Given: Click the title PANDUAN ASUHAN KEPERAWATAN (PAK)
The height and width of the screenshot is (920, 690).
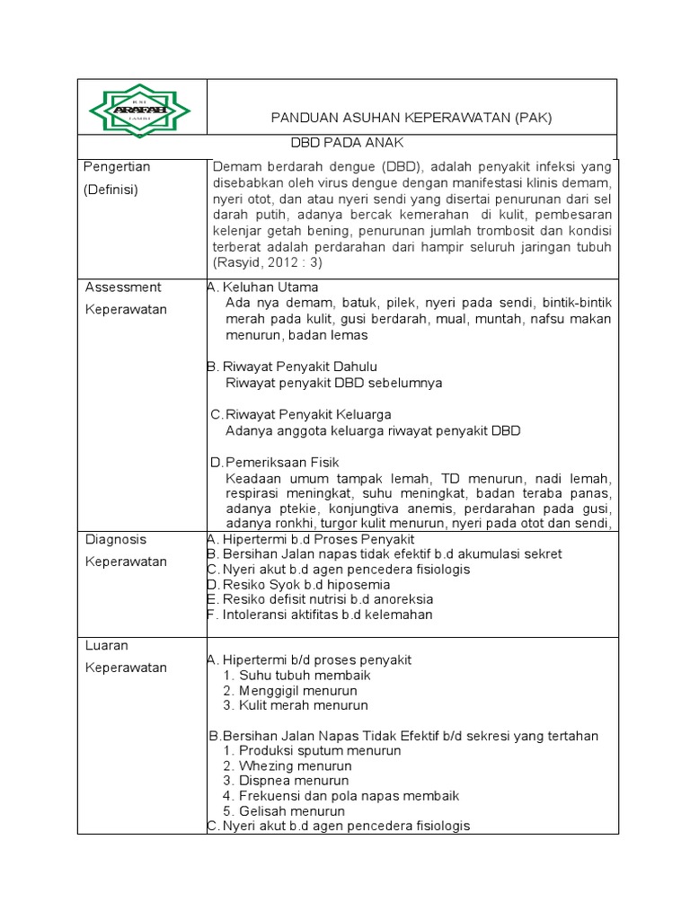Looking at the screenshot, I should (411, 118).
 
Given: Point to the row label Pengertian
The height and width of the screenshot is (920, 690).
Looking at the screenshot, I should (117, 167).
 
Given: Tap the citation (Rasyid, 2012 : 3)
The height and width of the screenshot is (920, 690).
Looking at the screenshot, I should (267, 262).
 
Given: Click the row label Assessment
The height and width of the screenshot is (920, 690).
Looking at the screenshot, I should (123, 287).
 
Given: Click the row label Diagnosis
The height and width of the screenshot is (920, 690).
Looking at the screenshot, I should (116, 539).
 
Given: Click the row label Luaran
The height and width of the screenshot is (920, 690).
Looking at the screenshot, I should (107, 645).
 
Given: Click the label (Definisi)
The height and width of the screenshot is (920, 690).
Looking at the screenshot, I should (111, 190).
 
